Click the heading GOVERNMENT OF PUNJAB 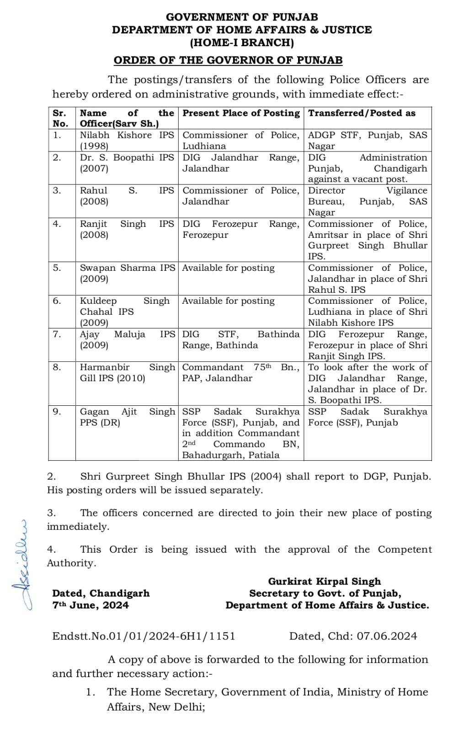click(x=242, y=17)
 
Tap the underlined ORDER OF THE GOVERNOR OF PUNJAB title click(x=228, y=60)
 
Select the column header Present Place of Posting click(x=241, y=113)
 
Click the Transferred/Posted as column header click(x=362, y=113)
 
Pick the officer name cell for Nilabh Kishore click(x=127, y=140)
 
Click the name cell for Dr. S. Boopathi click(x=127, y=163)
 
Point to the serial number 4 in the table click(x=57, y=224)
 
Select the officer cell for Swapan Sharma click(x=127, y=273)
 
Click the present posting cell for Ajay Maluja click(x=240, y=339)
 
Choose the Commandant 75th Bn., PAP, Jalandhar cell click(x=240, y=372)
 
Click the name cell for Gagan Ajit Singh click(x=127, y=417)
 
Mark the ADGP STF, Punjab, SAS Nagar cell click(x=367, y=140)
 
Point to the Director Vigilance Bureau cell click(x=367, y=201)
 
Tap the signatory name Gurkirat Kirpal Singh click(x=324, y=581)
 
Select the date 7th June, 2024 click(x=91, y=605)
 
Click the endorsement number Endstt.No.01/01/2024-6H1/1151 click(x=144, y=636)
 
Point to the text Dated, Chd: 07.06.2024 click(x=353, y=636)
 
